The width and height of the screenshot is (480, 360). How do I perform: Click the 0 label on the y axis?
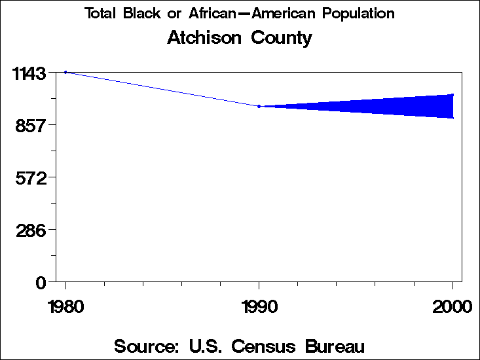pyautogui.click(x=41, y=282)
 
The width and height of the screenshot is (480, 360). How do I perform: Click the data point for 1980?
pyautogui.click(x=65, y=72)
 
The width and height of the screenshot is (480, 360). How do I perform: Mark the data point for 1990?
pyautogui.click(x=259, y=106)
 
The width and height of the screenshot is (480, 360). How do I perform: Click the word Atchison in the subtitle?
pyautogui.click(x=204, y=38)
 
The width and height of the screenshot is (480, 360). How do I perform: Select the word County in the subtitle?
pyautogui.click(x=282, y=38)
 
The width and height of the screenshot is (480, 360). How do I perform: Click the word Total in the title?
pyautogui.click(x=99, y=14)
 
